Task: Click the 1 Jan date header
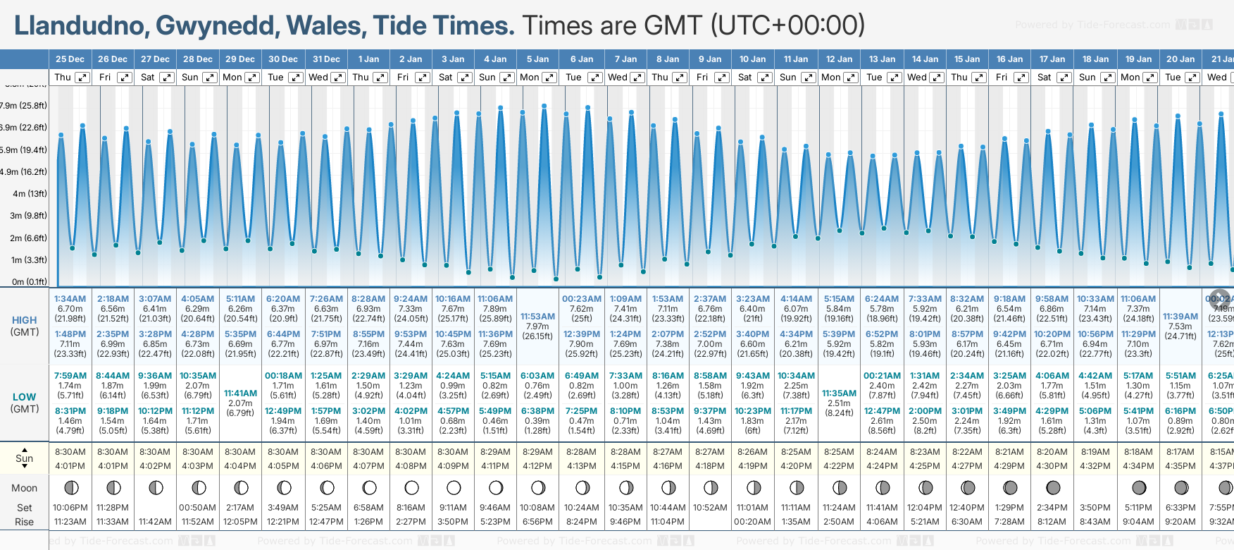368,59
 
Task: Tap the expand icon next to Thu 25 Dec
82,78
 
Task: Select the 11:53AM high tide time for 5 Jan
537,317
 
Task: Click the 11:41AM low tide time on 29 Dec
240,393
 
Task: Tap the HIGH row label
24,320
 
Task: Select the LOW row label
24,397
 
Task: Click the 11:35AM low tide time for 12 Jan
839,393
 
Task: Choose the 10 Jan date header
752,59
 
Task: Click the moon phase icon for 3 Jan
454,487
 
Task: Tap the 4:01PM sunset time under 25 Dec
70,466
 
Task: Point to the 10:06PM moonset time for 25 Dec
70,508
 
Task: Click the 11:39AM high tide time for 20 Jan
1180,317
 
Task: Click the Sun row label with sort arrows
24,458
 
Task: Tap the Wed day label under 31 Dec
318,78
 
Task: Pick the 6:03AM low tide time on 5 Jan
537,376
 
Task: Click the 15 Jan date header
967,59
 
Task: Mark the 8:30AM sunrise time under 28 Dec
198,452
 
